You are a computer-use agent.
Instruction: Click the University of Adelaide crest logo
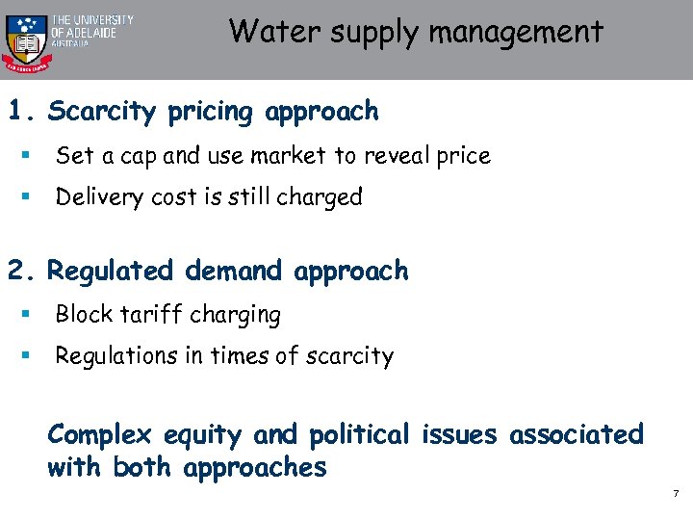click(25, 39)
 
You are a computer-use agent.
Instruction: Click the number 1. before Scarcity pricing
click(22, 112)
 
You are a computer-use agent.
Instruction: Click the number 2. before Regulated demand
click(22, 272)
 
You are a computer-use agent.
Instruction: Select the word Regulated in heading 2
click(112, 273)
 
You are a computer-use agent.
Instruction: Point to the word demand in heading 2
click(235, 272)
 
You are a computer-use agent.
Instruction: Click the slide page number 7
click(676, 494)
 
